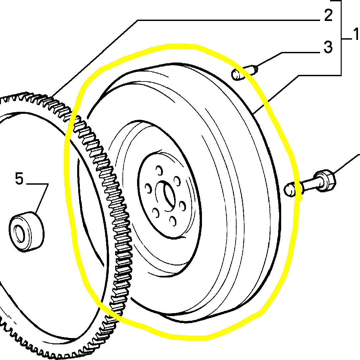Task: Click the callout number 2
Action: tap(328, 15)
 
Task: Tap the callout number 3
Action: tap(328, 47)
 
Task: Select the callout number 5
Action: tap(19, 178)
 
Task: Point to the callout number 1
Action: tap(356, 34)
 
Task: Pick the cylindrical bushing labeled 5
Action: tap(26, 232)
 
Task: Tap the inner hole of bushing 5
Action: tap(19, 233)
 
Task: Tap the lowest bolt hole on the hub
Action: tap(173, 221)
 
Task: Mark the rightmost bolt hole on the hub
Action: tap(183, 206)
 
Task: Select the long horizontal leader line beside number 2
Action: tap(229, 20)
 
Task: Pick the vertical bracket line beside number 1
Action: tap(341, 38)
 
